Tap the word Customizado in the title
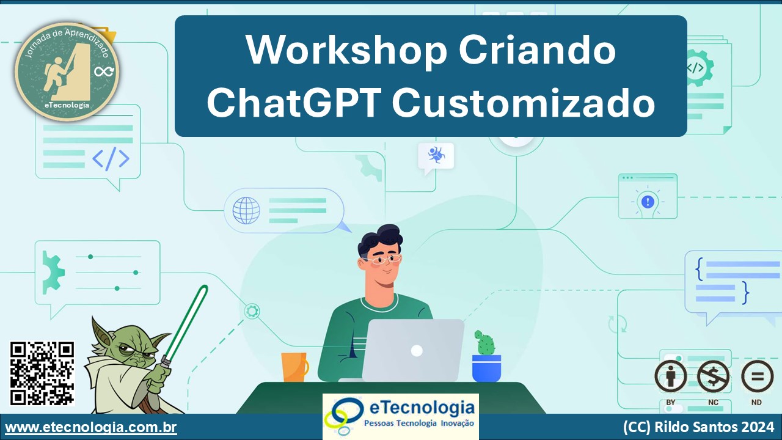[524, 102]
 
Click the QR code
[42, 373]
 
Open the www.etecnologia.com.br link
[91, 427]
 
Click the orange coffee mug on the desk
[295, 367]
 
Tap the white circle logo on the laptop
[417, 351]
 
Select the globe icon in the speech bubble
[246, 211]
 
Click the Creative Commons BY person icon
[671, 376]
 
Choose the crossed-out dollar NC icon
[713, 376]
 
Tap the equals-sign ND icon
[757, 376]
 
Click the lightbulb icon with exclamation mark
[648, 202]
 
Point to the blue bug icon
[436, 155]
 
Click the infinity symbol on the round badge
[104, 71]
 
